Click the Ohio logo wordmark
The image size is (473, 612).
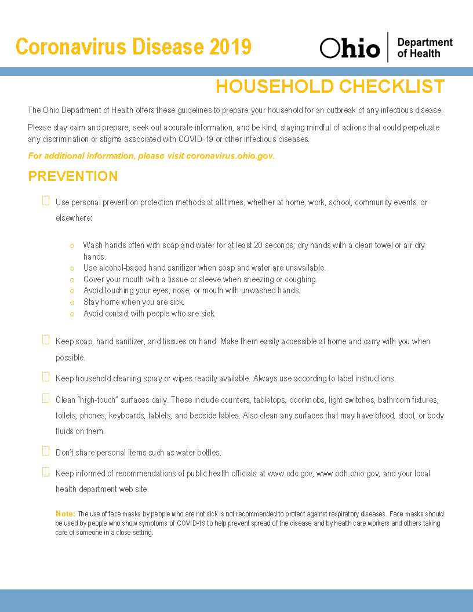[350, 49]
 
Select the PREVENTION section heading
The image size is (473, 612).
[73, 176]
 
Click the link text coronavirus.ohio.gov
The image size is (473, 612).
[230, 156]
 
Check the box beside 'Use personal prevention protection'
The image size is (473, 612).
[46, 201]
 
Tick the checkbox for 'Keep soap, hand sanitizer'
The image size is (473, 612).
[46, 340]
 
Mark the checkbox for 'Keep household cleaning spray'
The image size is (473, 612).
[46, 377]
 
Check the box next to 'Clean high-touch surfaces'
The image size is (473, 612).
[46, 398]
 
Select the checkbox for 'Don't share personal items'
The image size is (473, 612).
[46, 450]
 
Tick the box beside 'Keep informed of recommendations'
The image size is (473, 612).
[46, 472]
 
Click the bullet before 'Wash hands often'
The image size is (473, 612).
[72, 246]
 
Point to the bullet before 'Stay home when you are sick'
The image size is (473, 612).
[72, 303]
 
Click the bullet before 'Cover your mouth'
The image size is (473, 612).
[72, 280]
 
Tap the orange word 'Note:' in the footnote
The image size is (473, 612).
[66, 514]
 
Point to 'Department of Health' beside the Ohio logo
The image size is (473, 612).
[424, 48]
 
